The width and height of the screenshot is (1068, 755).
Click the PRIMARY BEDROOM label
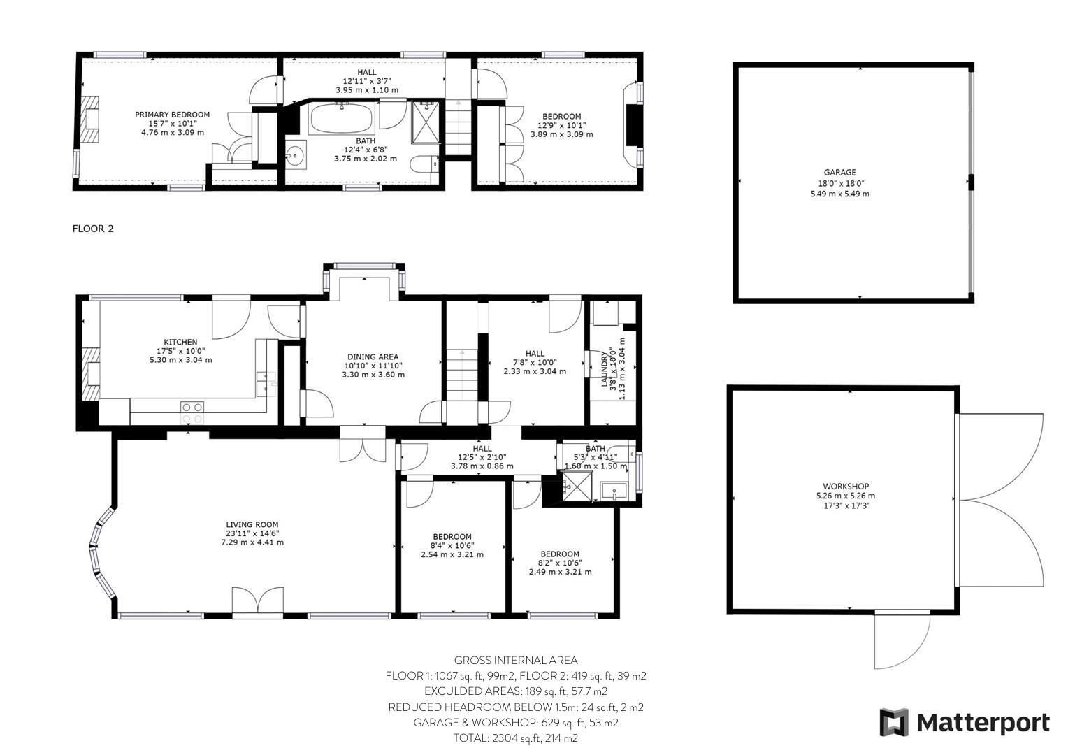(172, 115)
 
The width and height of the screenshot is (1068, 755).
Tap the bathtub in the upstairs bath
(342, 119)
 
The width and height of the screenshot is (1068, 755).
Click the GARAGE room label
(839, 172)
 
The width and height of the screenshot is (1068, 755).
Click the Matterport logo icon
(893, 722)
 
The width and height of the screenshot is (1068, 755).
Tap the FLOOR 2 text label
(93, 229)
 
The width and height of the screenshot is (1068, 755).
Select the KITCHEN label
(180, 342)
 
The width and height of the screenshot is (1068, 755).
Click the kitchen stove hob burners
(192, 412)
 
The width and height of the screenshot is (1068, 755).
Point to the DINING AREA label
(373, 357)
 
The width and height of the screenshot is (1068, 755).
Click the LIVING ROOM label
(252, 524)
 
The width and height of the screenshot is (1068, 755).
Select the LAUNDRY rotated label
(607, 367)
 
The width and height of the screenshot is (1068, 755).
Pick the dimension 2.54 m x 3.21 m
(452, 554)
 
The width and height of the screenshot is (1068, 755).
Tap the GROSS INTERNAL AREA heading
(516, 660)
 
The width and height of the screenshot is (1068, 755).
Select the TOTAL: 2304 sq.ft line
(516, 738)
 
